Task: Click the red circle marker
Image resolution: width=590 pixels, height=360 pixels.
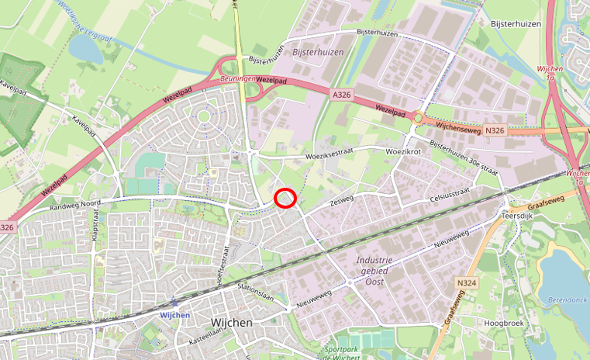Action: click(x=285, y=199)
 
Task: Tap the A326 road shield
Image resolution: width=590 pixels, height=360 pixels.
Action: click(x=341, y=95)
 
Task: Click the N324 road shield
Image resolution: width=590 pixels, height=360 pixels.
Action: click(x=466, y=284)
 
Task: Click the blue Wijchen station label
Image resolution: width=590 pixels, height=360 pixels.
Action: click(x=175, y=315)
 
